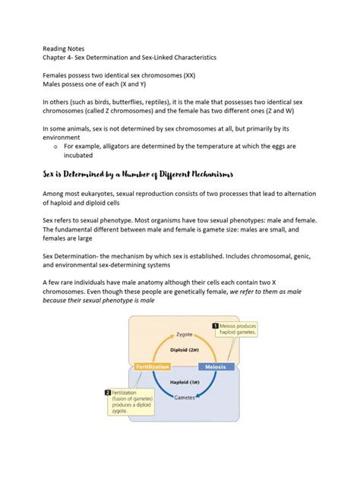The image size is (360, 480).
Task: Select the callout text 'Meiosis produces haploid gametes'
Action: pyautogui.click(x=240, y=330)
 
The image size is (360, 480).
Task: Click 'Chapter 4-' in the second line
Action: pyautogui.click(x=61, y=56)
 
